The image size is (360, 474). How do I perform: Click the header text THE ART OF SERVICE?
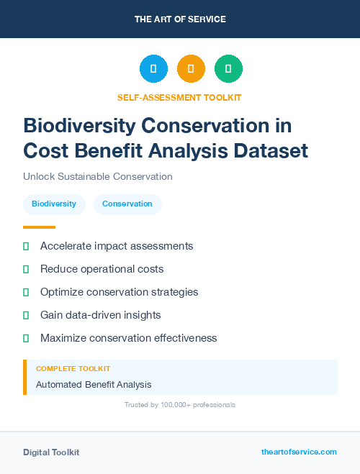180,19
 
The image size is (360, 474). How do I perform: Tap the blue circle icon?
153,69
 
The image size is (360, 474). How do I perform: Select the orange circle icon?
191,69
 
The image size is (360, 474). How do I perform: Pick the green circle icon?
228,69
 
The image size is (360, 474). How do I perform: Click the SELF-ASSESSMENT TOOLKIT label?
179,97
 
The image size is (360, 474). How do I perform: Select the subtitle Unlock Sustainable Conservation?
97,176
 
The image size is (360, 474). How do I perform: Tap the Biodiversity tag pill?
54,204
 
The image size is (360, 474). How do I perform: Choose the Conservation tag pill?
127,204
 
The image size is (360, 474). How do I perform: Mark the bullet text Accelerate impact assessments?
117,246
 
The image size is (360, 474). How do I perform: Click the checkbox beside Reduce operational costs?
26,269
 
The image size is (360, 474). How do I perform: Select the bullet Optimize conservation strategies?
119,292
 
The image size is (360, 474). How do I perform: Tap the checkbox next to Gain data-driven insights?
26,315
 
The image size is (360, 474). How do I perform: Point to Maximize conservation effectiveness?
128,338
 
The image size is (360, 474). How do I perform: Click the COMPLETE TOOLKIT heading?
73,368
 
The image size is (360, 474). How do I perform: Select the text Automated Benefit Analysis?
94,385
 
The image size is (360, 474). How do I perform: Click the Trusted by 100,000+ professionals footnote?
179,405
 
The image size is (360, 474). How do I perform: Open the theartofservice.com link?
299,452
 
